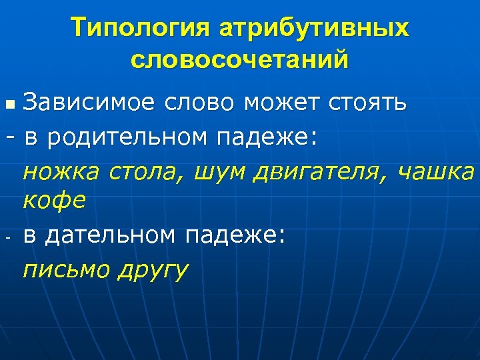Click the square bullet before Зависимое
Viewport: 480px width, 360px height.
[9, 105]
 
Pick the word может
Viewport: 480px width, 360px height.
[284, 103]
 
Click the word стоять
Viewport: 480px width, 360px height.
[369, 103]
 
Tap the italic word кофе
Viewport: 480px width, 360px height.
[55, 201]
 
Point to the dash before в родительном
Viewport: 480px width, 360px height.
[10, 137]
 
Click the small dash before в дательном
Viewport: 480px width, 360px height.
[10, 235]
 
